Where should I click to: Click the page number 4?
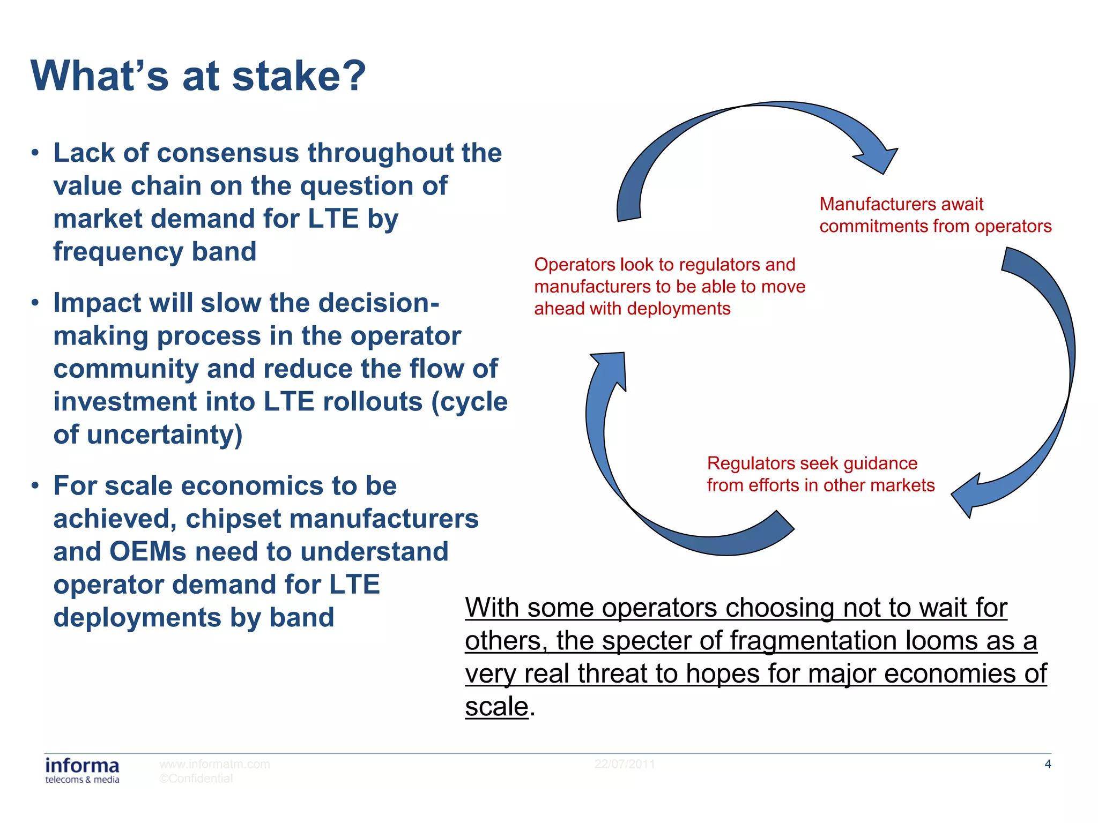coord(1048,764)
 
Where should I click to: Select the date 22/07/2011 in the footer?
coord(625,764)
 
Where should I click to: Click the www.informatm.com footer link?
coord(214,764)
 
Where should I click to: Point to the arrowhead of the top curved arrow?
coord(879,160)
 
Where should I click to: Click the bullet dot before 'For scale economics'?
coord(35,486)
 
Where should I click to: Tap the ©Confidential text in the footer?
coord(196,779)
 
